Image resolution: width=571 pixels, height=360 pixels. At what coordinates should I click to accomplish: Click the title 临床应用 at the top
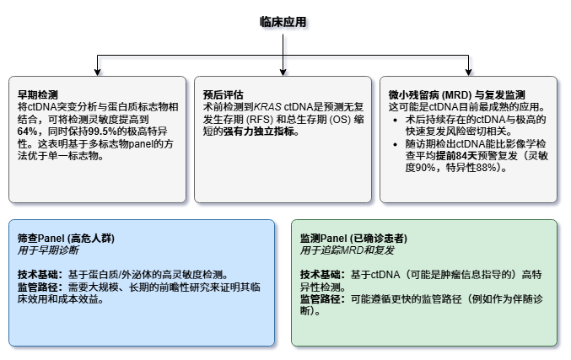click(x=283, y=21)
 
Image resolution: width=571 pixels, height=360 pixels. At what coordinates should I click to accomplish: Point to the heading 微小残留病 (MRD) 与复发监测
click(x=456, y=95)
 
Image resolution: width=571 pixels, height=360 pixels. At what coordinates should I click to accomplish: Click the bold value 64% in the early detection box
click(x=28, y=132)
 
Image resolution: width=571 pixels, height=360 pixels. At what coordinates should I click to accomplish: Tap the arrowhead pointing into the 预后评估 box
click(x=283, y=73)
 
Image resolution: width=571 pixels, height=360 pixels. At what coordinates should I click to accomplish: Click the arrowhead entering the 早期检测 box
click(x=98, y=73)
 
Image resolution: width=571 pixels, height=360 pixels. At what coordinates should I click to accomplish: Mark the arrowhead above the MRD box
click(x=469, y=73)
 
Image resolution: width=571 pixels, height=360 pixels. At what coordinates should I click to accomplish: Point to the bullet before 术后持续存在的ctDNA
click(x=396, y=121)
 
